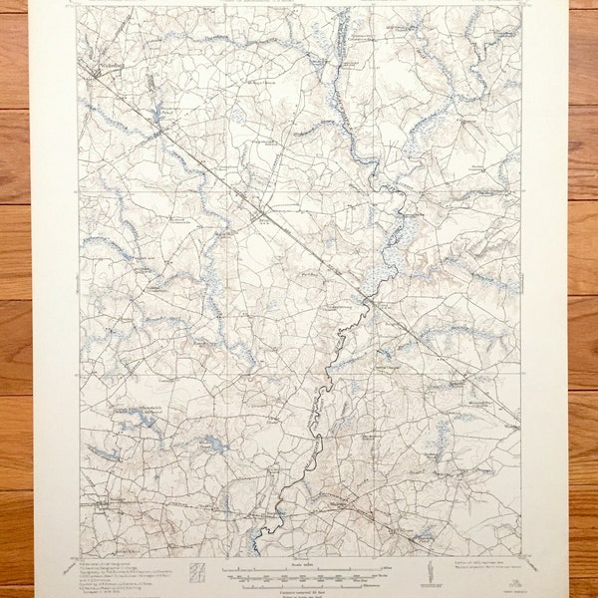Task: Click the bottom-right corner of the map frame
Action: coord(521,554)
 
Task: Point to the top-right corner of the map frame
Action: coord(521,8)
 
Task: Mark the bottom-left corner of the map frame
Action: coord(79,554)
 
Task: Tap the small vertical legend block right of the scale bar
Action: coord(430,571)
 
